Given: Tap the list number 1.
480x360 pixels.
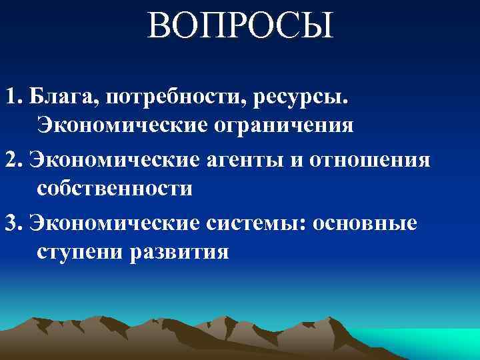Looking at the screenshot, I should [x=10, y=98].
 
